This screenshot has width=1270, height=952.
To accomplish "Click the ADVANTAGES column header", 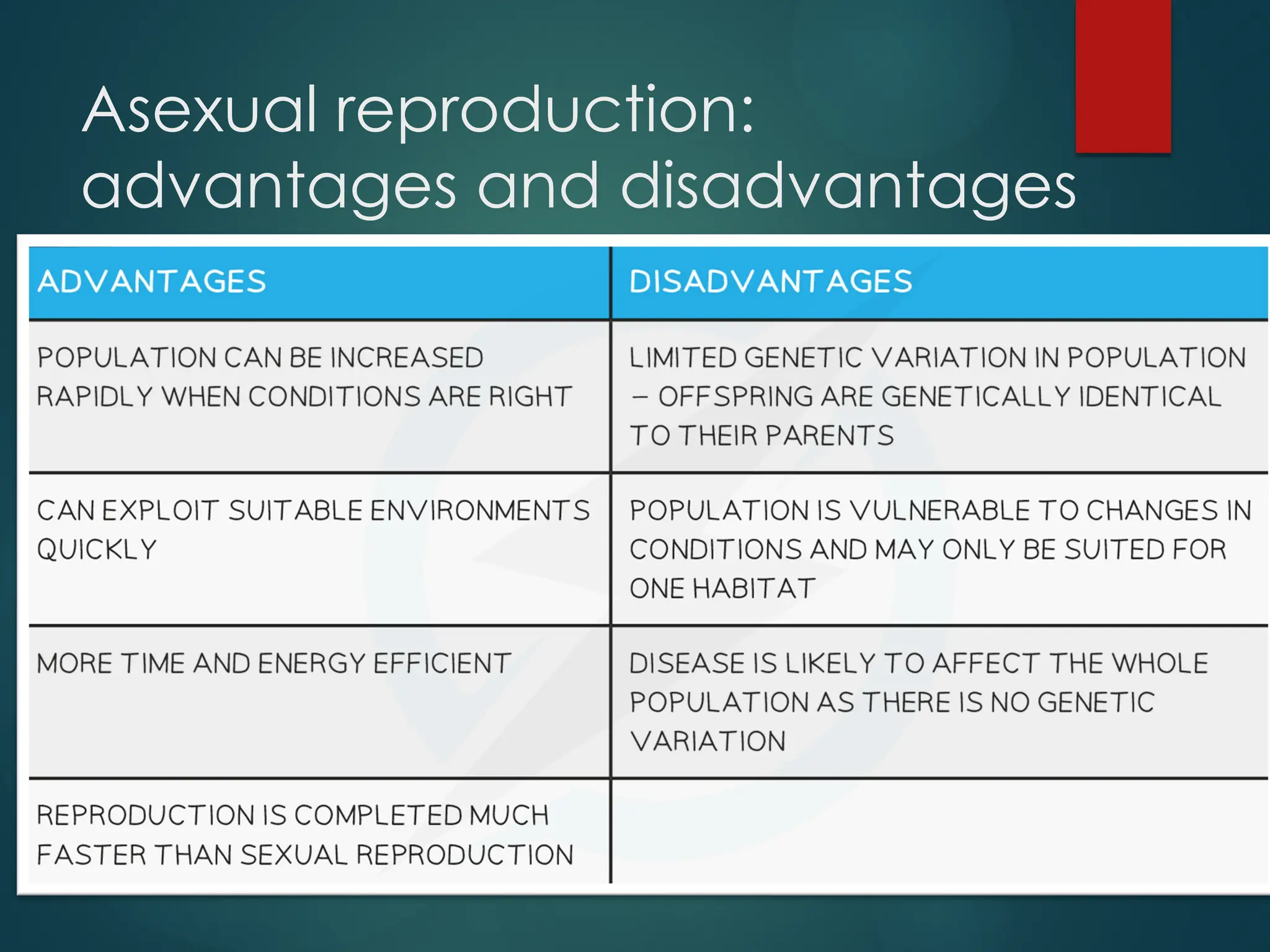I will point(152,281).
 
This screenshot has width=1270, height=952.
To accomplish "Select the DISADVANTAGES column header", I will point(771,281).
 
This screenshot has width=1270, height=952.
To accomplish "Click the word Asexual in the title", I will point(200,110).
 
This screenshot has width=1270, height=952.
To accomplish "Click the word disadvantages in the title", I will point(848,186).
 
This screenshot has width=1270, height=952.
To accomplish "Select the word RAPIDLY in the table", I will point(95,397).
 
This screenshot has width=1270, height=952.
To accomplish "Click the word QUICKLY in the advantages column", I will point(97,550).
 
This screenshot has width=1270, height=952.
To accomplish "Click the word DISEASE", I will point(685,664).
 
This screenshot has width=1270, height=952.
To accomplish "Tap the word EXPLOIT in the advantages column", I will point(160,511).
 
